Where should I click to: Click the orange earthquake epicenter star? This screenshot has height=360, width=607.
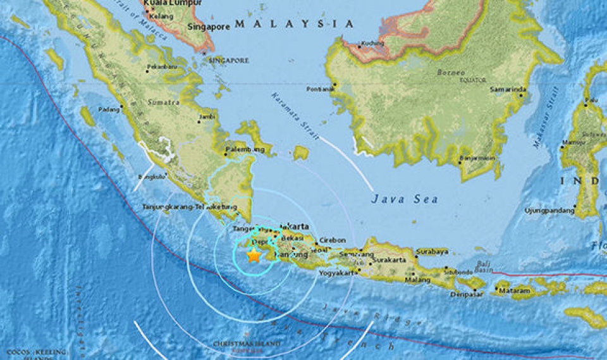(254, 256)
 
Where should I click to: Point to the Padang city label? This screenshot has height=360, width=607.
(108, 109)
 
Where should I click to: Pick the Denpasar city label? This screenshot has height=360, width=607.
(467, 295)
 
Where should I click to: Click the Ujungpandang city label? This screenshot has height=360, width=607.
(548, 211)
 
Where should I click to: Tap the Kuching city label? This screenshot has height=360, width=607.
(371, 44)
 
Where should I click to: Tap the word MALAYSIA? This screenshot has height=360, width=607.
(294, 24)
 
